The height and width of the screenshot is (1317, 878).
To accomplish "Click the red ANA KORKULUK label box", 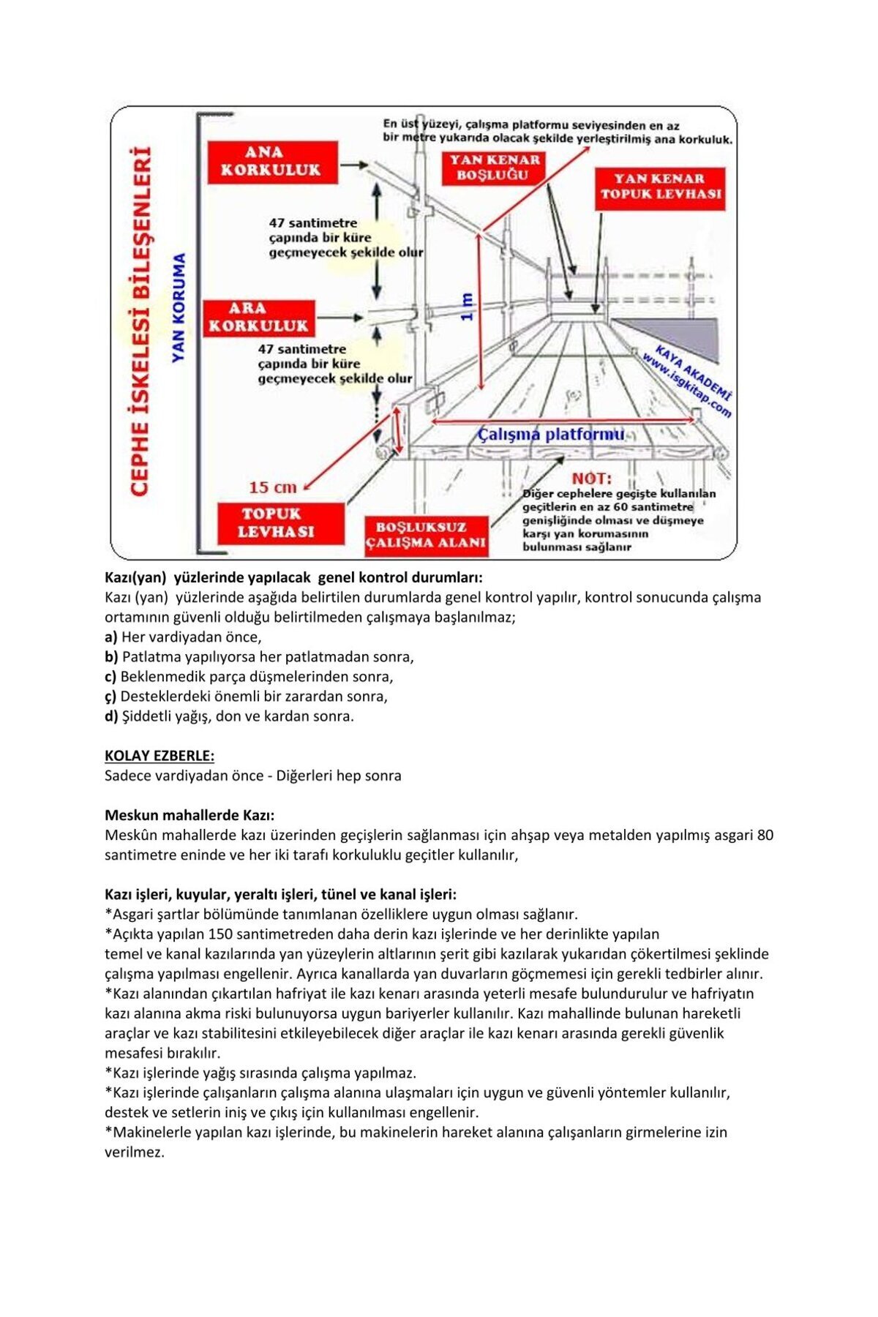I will (272, 162).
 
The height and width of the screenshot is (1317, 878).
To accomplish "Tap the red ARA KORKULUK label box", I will (259, 318).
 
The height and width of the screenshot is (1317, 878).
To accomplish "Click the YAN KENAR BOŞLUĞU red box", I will (494, 168).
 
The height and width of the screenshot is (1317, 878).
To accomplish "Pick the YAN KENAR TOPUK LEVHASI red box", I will (660, 187).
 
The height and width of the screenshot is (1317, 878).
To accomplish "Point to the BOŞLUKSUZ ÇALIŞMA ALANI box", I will (426, 536).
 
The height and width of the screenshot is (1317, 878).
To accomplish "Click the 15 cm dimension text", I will (272, 487).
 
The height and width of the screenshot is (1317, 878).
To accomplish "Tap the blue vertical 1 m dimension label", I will (467, 307).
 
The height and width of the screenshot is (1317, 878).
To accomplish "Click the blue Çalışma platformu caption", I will (551, 435).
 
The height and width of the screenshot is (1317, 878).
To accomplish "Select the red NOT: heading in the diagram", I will (591, 479).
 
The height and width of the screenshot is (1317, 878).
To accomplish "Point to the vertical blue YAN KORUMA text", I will (179, 307).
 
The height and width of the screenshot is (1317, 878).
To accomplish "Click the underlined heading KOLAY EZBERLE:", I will (160, 756).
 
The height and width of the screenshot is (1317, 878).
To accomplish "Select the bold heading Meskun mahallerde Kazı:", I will (190, 815).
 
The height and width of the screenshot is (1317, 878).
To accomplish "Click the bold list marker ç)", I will (110, 697).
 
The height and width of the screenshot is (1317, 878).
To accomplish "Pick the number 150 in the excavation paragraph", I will (222, 934).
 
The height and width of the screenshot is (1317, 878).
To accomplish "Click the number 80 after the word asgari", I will (765, 835).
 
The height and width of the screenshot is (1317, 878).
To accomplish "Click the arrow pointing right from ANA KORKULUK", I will (354, 165).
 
